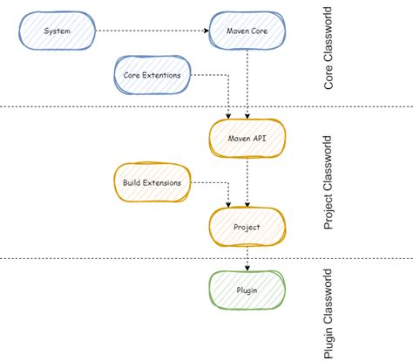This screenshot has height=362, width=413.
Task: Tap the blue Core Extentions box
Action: click(152, 76)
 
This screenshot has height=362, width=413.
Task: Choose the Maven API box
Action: click(247, 136)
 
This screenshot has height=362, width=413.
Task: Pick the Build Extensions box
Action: click(152, 182)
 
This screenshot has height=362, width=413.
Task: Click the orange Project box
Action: click(247, 227)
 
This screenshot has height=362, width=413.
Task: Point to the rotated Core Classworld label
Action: click(328, 53)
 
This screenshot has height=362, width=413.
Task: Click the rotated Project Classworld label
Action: click(328, 181)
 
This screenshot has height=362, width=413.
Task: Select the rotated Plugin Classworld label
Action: click(328, 312)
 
